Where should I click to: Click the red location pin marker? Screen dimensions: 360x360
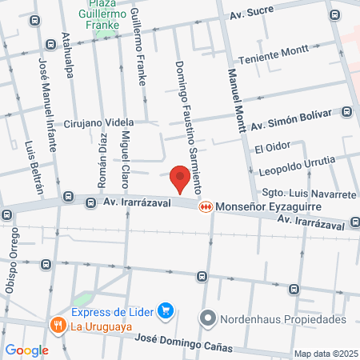tap(181, 178)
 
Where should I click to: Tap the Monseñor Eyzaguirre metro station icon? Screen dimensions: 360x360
tap(206, 206)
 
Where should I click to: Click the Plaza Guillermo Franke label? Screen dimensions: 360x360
tap(103, 14)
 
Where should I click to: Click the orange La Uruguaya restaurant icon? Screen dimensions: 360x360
tap(57, 326)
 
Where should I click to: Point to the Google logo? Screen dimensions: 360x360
tap(26, 350)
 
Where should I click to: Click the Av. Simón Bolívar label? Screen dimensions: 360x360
tap(290, 118)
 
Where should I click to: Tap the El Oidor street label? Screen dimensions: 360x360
tap(271, 149)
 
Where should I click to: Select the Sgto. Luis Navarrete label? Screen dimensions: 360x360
tap(308, 194)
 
